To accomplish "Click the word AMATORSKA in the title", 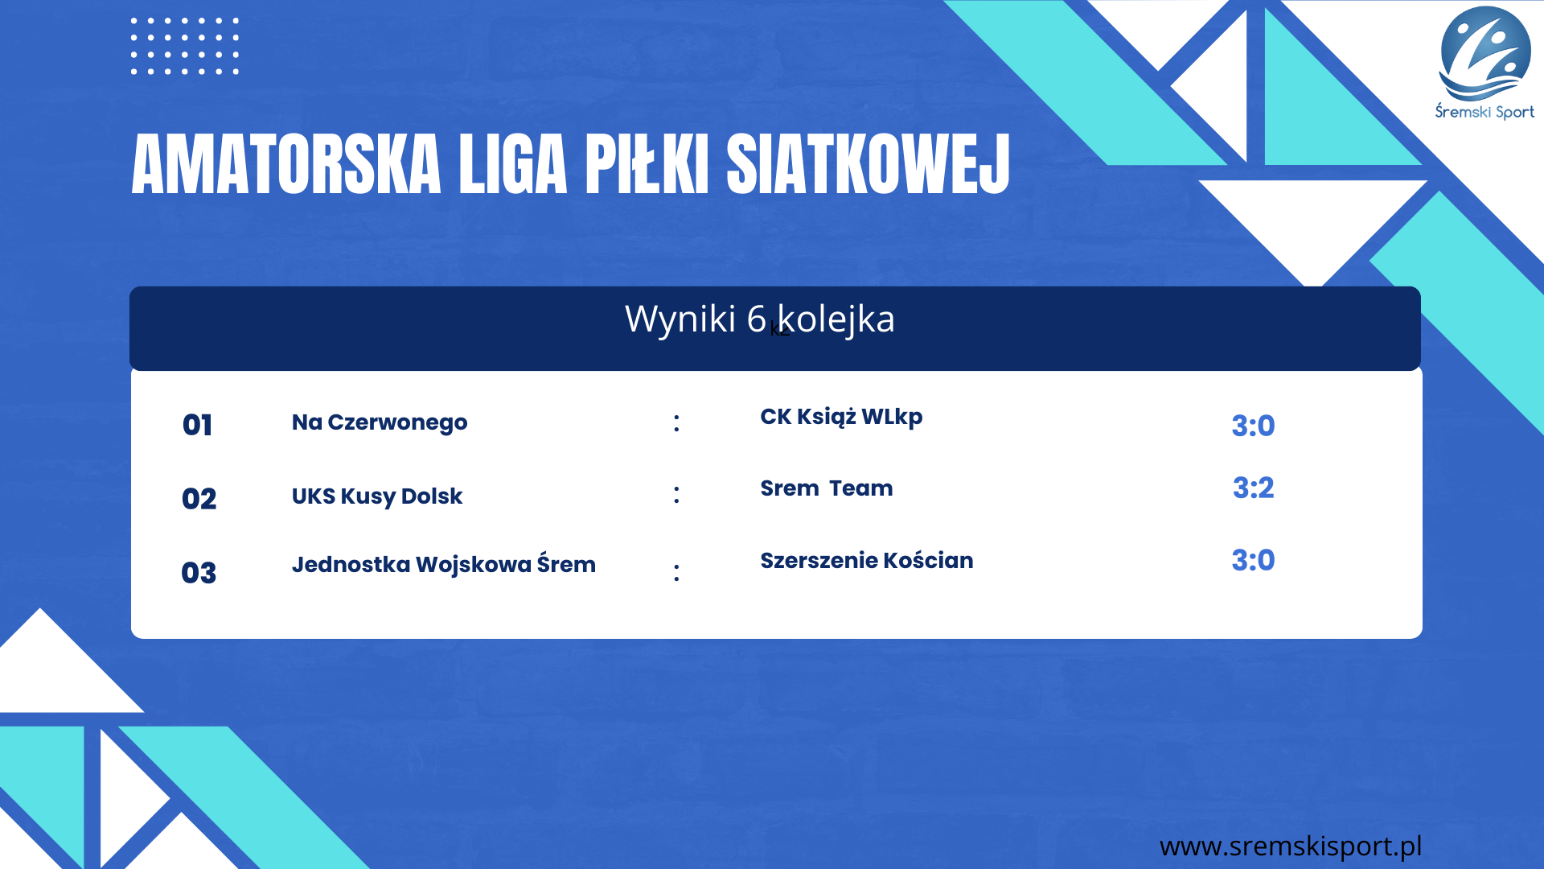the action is (286, 164).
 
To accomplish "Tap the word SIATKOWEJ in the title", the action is (868, 164).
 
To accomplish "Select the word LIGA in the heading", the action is (514, 164).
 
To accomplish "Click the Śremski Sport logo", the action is (1485, 63).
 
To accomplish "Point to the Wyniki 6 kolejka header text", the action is (760, 319).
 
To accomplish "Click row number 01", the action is (198, 425).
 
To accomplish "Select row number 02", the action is (199, 499).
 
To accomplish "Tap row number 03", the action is (199, 573).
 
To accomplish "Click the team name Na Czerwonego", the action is (380, 423).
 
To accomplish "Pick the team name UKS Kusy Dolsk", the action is (377, 496).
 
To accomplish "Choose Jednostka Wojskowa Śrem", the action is (444, 564).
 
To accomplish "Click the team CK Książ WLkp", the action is (841, 417).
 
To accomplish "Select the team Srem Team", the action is (827, 488).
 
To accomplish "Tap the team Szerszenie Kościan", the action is (867, 560).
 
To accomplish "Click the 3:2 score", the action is (1254, 488).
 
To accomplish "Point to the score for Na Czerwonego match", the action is (1254, 426).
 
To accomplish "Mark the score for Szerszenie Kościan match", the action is (1254, 560).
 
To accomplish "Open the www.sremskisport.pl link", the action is (1291, 846).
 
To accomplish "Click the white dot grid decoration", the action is (185, 46).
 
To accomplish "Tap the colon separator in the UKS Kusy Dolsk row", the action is (676, 494).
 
